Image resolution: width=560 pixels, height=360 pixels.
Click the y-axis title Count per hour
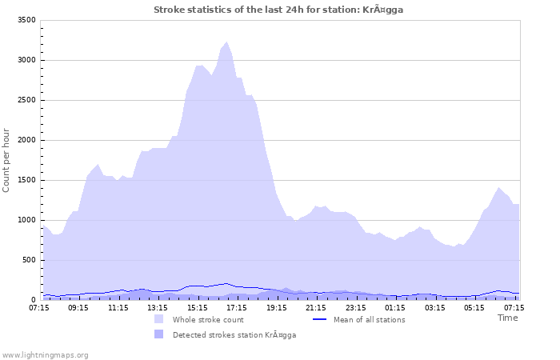tap(6, 160)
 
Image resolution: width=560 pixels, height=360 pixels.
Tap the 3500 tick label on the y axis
tap(26, 20)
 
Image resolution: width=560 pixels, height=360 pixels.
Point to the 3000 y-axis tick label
tap(26, 60)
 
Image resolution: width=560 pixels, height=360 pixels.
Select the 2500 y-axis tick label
tap(26, 100)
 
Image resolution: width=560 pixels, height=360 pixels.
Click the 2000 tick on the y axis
tap(26, 140)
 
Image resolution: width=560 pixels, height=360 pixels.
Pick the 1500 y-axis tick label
tap(26, 180)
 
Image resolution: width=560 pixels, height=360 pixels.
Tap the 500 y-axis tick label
tap(28, 260)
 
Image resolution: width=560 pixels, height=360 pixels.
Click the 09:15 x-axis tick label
tap(79, 306)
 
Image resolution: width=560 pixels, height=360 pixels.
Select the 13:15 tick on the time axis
tap(158, 306)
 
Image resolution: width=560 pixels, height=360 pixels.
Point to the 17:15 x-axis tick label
tap(237, 306)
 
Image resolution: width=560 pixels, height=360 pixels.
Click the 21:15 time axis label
tap(316, 306)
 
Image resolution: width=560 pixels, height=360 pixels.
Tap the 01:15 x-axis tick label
tap(395, 306)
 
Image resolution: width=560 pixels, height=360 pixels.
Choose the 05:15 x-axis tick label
tap(474, 306)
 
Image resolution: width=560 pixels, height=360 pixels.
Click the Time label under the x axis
tap(507, 318)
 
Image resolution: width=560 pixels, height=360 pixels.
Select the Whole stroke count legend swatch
tap(159, 319)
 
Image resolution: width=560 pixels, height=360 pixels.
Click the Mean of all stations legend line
tap(320, 319)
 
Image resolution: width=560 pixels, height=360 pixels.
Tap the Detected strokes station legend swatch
tap(159, 334)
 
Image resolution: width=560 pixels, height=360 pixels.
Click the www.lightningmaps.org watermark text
tap(45, 354)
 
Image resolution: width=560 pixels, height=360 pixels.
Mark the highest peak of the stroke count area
tap(227, 42)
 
